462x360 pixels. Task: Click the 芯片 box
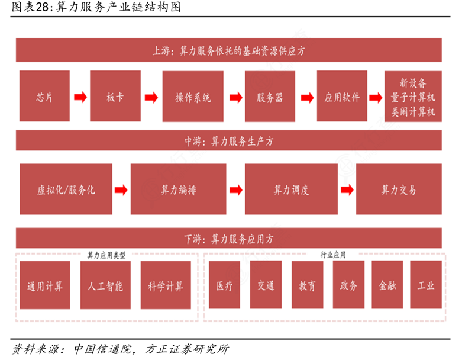coord(44,97)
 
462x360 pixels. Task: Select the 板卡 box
coord(115,97)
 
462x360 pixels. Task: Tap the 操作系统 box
coord(193,97)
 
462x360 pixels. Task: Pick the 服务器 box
coord(270,97)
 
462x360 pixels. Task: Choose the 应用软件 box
coord(342,97)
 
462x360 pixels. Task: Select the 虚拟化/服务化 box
coord(66,189)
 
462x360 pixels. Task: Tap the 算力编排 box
coord(178,189)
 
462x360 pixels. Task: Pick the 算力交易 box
coord(399,189)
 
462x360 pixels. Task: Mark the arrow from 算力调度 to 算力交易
coord(347,189)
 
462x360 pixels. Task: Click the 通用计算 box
coord(44,285)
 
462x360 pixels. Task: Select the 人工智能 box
coord(105,285)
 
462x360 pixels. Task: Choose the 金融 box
coord(387,285)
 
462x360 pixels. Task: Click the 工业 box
coord(426,285)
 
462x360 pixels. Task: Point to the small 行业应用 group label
coord(333,255)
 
